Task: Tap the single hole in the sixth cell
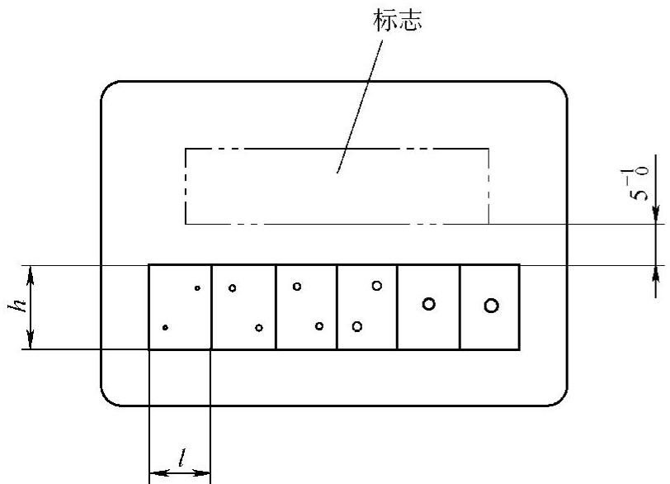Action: pos(491,306)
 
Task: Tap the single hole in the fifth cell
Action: pos(428,304)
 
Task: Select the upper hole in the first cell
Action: pos(197,287)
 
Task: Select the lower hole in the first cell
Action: pos(165,328)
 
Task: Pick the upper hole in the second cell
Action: pos(233,287)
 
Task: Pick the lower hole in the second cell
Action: pos(259,328)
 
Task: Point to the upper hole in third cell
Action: pos(297,287)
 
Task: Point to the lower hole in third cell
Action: pos(319,326)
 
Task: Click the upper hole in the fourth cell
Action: pos(377,285)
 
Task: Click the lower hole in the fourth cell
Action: pos(356,326)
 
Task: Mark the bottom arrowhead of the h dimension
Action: pos(31,343)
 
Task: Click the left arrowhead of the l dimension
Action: pos(154,473)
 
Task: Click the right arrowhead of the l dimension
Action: pos(205,473)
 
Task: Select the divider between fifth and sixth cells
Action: pos(460,306)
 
